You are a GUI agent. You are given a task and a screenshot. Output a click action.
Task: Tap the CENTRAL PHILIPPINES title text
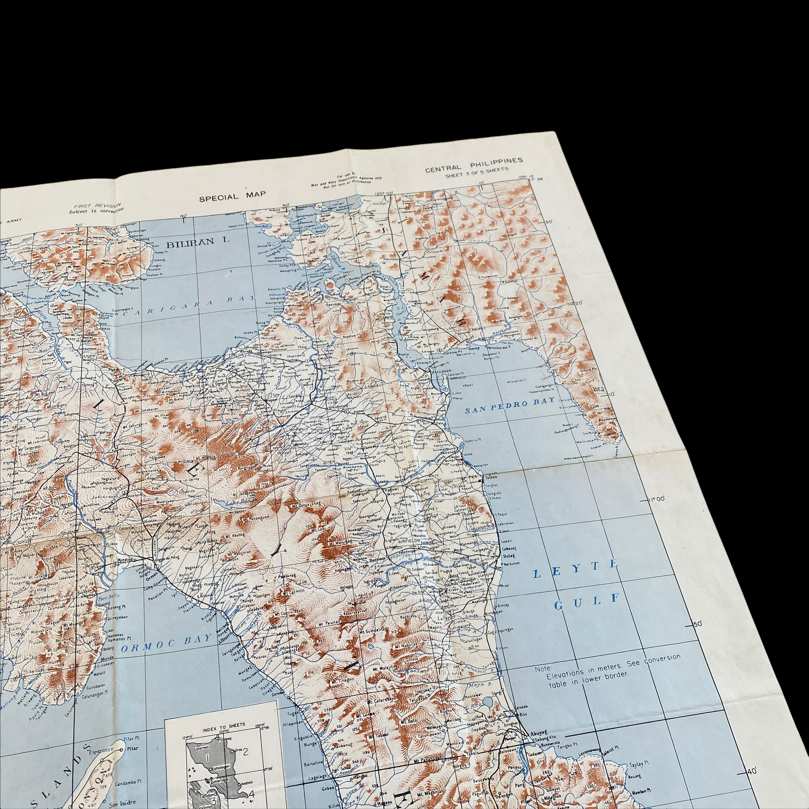pos(474,164)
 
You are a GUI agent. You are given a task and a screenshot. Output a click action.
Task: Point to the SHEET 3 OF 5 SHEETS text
pos(477,172)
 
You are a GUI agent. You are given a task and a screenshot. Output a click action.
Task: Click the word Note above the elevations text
pos(543,669)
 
